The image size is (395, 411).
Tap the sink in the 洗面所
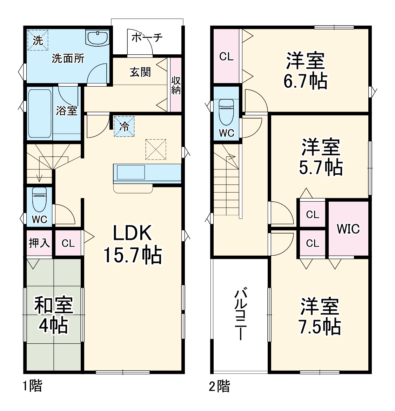click(x=98, y=38)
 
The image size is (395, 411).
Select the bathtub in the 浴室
click(x=40, y=113)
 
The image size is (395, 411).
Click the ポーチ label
click(x=147, y=38)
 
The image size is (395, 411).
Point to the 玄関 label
click(x=140, y=72)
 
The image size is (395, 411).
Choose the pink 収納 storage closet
click(x=176, y=85)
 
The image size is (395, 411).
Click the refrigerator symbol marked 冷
click(x=124, y=126)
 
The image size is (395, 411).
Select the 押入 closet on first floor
click(x=39, y=243)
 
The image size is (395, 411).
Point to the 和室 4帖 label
click(x=53, y=315)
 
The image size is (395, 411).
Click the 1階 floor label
click(x=32, y=386)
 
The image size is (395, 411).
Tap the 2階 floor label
click(x=220, y=386)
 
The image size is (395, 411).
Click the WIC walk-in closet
click(x=348, y=229)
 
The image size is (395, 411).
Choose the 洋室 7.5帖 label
click(x=319, y=316)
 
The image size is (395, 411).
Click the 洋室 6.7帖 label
click(x=305, y=70)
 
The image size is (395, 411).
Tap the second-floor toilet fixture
click(x=226, y=112)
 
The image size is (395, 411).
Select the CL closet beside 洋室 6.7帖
click(x=226, y=56)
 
